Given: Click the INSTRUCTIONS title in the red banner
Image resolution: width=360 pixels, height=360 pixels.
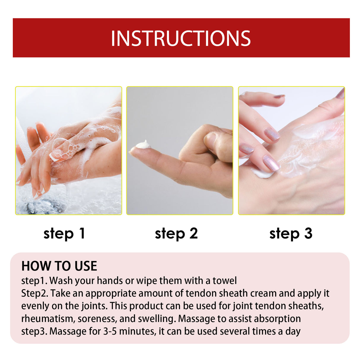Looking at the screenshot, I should [181, 38].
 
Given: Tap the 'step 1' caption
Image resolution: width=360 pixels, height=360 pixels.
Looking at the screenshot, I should [64, 234].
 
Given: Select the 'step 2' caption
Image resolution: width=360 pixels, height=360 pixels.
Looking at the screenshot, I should [176, 234].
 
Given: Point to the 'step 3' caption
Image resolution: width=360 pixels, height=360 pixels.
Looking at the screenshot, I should [291, 234].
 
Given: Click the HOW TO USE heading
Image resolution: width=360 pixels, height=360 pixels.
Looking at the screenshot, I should [59, 266].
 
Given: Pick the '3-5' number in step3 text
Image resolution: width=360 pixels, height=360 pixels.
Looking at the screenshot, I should [111, 331].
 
